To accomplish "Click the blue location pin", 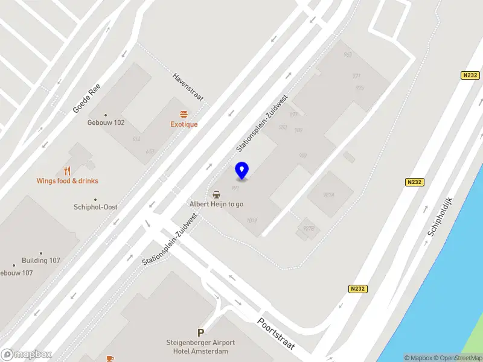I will click(242, 170).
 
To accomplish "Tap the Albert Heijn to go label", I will click(216, 204).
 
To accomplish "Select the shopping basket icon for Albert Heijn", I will click(216, 194).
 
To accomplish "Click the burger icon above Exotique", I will click(184, 114).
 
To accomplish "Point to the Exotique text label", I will click(184, 124).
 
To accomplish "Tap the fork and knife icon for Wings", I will click(67, 171).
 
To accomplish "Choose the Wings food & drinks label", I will click(67, 181).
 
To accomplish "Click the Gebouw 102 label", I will click(106, 122).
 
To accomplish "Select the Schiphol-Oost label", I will click(95, 207).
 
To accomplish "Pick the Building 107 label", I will click(41, 261).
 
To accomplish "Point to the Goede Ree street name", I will click(85, 99).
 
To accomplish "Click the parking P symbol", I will click(200, 332).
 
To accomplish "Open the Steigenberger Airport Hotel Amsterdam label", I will click(200, 347).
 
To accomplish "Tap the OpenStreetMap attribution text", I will click(458, 358).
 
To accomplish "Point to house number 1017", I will click(252, 220).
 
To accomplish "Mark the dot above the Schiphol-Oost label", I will click(95, 200).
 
